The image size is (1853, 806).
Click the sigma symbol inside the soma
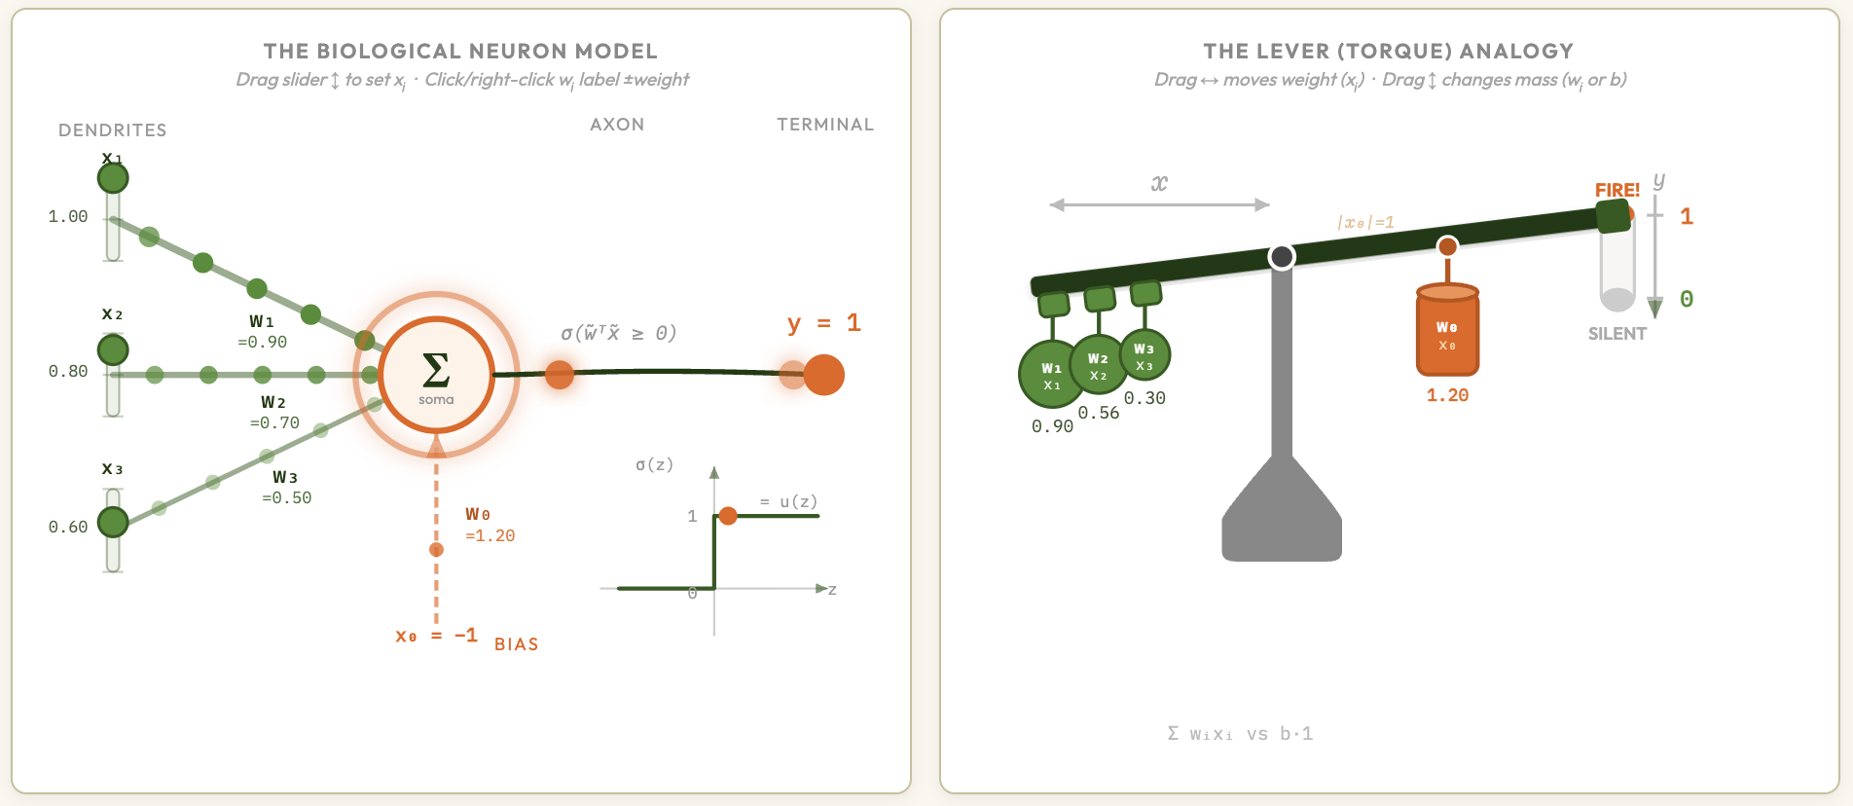pos(436,371)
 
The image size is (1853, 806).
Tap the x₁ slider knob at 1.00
pos(113,178)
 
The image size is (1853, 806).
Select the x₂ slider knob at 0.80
pos(113,349)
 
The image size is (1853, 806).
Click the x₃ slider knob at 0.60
pos(113,522)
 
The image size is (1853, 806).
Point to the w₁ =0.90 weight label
pos(262,332)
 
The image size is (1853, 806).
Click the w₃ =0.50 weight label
pos(286,488)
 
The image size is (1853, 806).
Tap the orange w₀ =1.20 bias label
pos(489,525)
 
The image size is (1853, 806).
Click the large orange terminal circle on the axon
pos(823,375)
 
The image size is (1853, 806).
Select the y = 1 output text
pos(823,323)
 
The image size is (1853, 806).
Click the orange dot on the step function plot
pos(728,515)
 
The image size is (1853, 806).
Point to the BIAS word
pos(516,644)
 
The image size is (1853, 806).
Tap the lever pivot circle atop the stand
pos(1282,257)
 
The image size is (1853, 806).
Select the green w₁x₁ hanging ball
pos(1051,375)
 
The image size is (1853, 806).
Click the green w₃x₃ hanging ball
pos(1144,355)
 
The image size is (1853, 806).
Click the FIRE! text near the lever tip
pos(1617,190)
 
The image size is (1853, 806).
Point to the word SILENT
pos(1617,334)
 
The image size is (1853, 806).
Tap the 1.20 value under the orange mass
pos(1447,395)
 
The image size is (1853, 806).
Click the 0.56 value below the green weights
pos(1098,413)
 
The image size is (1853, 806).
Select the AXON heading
pos(617,125)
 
